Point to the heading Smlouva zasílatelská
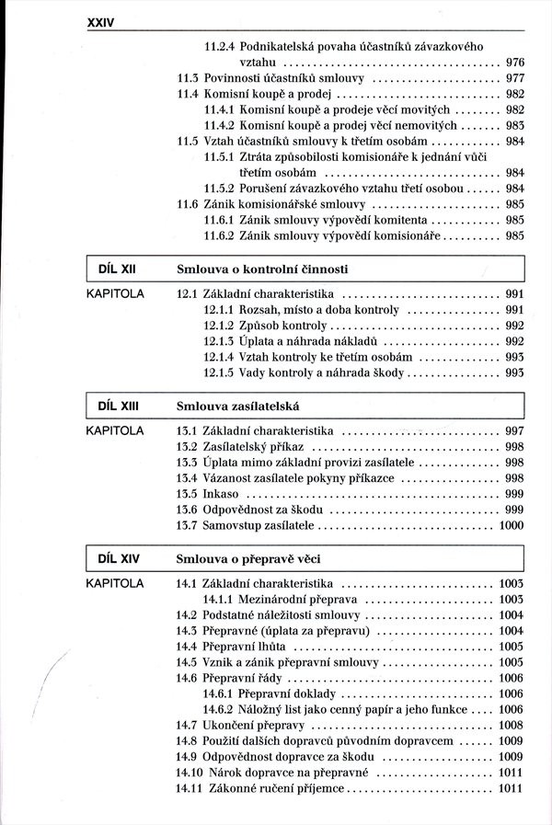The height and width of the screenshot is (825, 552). pyautogui.click(x=236, y=406)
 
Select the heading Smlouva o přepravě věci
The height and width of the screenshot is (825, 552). pyautogui.click(x=247, y=558)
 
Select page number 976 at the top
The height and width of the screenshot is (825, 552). pyautogui.click(x=515, y=63)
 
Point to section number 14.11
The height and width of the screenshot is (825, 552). pyautogui.click(x=190, y=788)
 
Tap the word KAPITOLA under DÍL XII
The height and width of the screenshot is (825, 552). pyautogui.click(x=115, y=294)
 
